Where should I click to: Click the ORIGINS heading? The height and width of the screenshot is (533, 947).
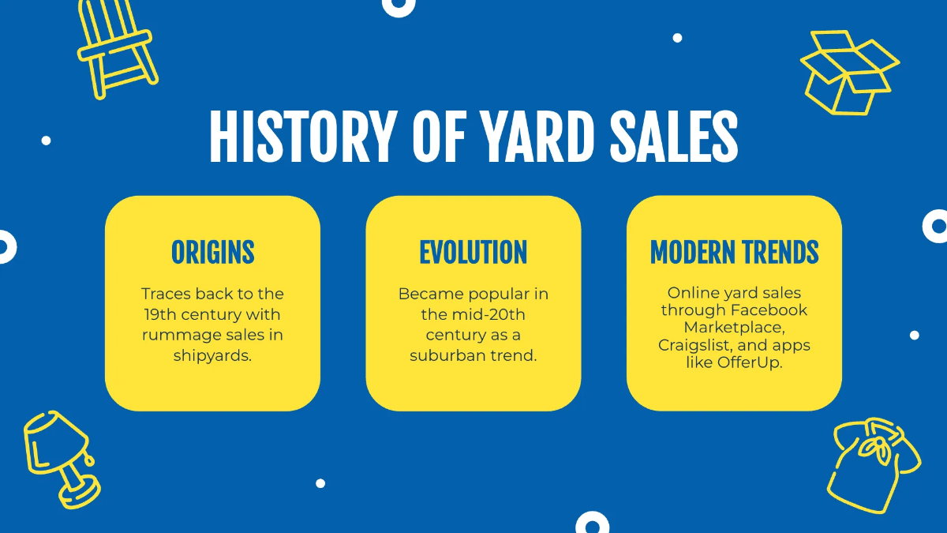[213, 253]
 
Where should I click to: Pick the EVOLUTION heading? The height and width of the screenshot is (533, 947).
[473, 253]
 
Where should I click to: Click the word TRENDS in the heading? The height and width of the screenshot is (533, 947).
[778, 253]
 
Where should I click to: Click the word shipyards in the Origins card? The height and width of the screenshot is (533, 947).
[212, 355]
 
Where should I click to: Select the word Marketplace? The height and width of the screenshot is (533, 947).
[734, 328]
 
